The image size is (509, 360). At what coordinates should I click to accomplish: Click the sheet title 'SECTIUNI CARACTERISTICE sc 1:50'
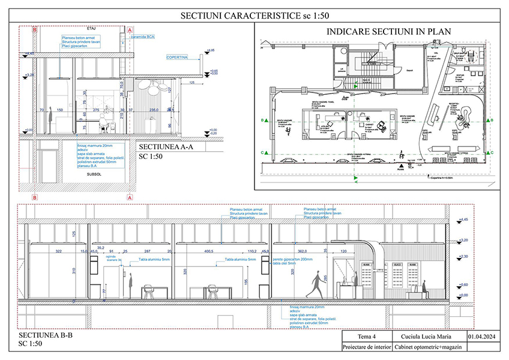point(254,16)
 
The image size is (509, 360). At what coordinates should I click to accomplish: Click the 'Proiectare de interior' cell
point(366,347)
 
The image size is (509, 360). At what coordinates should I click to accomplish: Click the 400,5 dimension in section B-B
point(209,251)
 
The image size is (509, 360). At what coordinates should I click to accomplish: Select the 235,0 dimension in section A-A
point(153,110)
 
